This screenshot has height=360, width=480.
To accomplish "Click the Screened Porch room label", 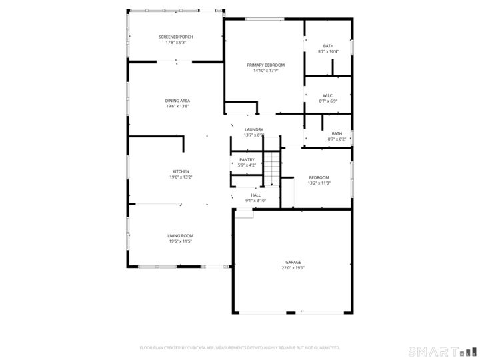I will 175,36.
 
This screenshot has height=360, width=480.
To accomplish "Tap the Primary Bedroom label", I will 265,65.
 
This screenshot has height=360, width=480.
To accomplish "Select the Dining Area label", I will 177,101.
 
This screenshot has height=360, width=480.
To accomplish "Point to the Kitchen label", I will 181,171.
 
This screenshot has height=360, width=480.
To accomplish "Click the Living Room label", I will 180,236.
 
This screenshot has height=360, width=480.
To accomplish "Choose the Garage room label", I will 293,263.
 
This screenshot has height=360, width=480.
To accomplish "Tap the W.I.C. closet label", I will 328,95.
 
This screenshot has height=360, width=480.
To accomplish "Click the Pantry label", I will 247,159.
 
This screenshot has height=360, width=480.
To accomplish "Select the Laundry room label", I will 254,129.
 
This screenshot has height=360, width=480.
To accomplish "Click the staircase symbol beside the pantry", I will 271,169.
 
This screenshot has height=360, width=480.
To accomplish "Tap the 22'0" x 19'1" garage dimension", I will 293,269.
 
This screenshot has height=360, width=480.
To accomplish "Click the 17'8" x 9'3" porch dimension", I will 175,43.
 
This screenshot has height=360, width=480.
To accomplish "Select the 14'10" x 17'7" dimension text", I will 265,71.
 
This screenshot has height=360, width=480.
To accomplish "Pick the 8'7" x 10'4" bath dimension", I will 328,51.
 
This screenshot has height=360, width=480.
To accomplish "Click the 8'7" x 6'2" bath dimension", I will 337,139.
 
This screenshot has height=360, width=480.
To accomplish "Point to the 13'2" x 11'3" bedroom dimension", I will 319,183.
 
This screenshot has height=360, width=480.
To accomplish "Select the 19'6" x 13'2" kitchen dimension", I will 181,177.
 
